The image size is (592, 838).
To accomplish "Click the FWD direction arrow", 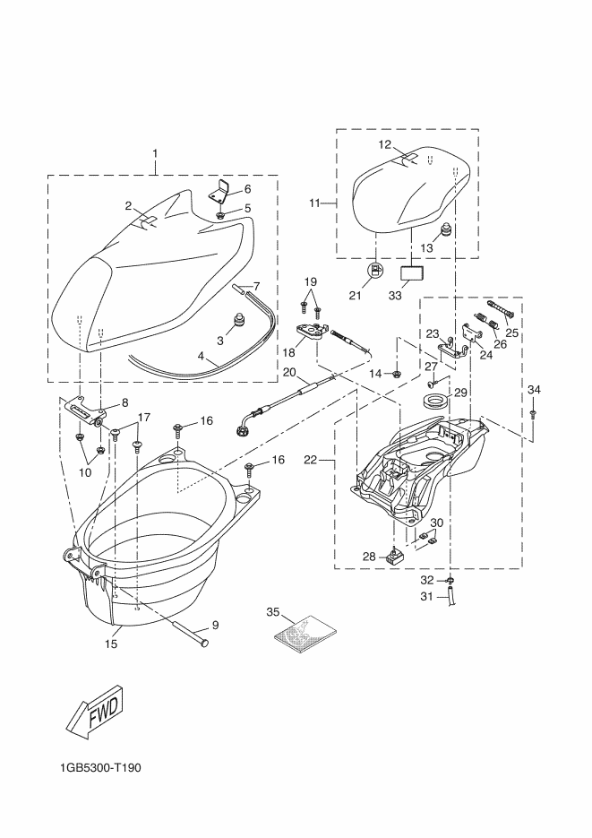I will coord(95,712).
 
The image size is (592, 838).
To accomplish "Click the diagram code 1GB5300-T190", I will coord(102,768).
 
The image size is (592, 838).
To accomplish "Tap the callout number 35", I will coord(274,611).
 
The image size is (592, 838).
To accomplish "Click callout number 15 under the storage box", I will coord(112,643).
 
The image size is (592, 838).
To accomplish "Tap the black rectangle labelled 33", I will coord(413,272).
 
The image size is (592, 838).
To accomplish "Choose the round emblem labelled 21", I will coord(377,271).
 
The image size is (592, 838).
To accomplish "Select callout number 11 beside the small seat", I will coord(314,203).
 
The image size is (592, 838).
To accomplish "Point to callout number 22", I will coord(311,460).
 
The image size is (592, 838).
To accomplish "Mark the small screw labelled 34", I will coord(534,413).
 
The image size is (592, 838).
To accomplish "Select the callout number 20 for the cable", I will coord(289,372).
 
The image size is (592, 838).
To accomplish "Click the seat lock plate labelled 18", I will coord(313,333).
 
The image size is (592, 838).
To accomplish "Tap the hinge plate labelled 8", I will coord(89,410).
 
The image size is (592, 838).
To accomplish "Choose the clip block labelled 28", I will coord(395,557).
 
